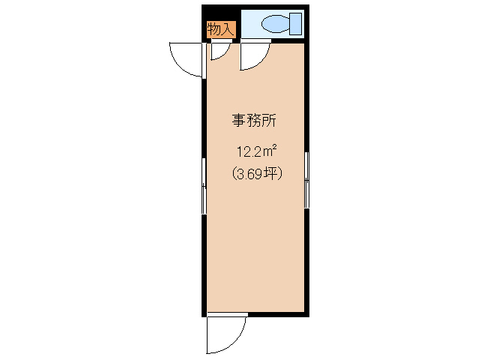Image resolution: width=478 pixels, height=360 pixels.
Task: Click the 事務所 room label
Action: click(255, 121)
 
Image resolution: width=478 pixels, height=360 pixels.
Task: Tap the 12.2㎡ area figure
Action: click(255, 151)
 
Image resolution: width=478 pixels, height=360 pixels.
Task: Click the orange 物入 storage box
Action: click(222, 30)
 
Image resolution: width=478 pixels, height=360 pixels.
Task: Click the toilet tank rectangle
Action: click(296, 24)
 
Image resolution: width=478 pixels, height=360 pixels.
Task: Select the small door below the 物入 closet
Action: click(218, 51)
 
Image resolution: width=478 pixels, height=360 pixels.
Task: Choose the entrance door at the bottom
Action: click(226, 334)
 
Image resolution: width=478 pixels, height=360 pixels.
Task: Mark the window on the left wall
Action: click(204, 186)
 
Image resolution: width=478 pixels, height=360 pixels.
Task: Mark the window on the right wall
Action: click(306, 180)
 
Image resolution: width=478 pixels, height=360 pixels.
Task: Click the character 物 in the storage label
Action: click(215, 30)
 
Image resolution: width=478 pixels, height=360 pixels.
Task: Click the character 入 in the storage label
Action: click(229, 30)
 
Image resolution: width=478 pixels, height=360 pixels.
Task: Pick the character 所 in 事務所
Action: click(272, 121)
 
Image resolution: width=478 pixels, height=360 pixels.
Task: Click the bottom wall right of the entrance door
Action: click(277, 313)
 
